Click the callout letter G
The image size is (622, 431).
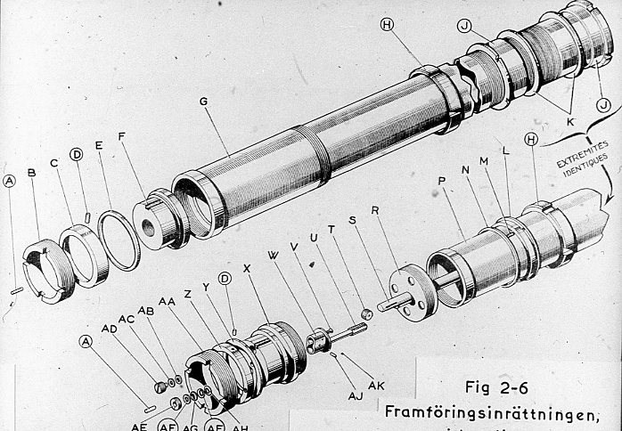coord(204,102)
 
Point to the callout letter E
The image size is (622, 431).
coord(99,171)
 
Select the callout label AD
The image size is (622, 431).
coord(110,329)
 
